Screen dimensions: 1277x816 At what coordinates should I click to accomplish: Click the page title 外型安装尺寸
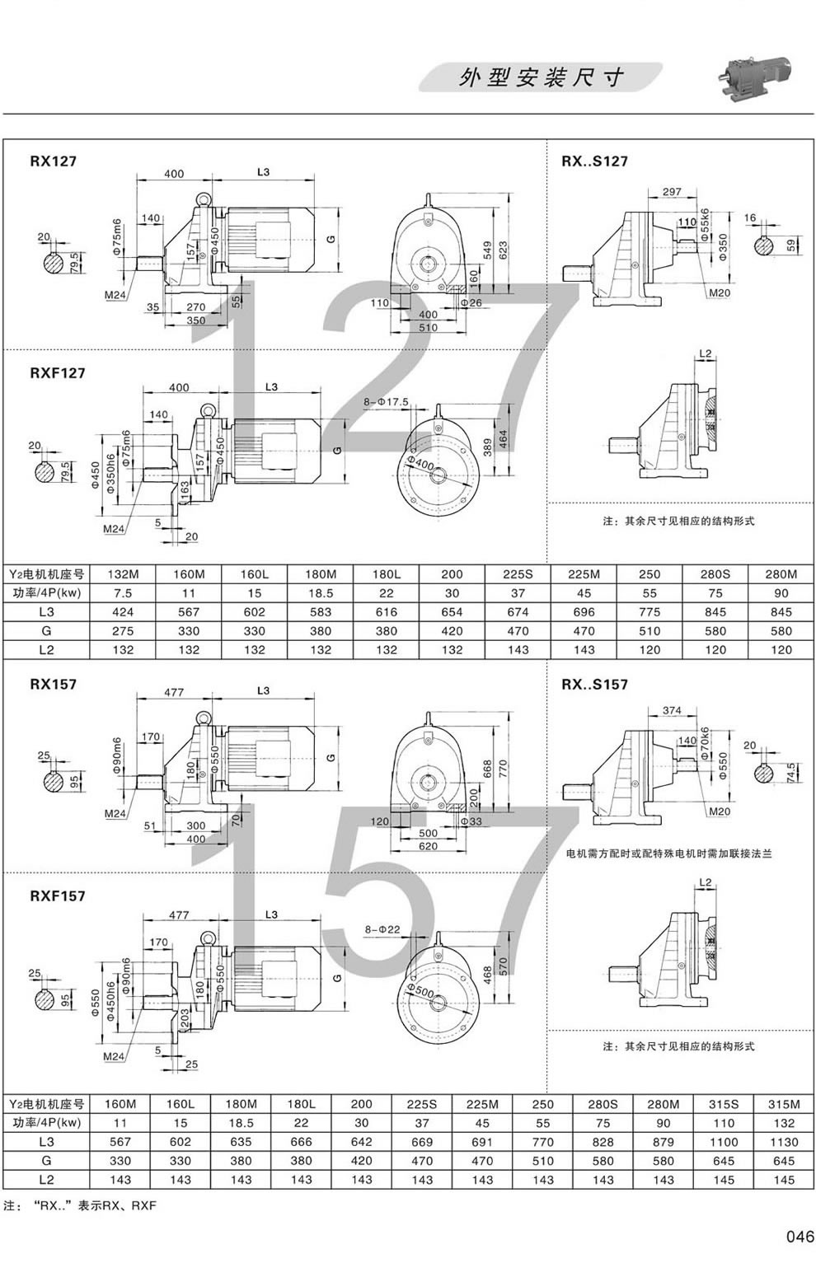[541, 78]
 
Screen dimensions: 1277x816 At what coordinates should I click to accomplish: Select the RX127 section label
[53, 161]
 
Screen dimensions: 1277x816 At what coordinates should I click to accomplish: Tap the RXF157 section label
[57, 896]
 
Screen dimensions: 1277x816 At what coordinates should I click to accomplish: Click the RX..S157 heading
[594, 684]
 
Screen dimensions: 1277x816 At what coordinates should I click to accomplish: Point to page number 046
[799, 1237]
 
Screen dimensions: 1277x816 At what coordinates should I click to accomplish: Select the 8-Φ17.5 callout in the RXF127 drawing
[386, 401]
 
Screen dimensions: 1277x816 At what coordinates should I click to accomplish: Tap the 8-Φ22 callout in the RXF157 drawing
[382, 929]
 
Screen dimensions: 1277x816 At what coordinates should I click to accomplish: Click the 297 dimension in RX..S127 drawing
[671, 192]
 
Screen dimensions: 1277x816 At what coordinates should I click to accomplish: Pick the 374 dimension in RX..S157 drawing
[672, 710]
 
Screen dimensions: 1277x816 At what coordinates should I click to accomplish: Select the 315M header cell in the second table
[784, 1104]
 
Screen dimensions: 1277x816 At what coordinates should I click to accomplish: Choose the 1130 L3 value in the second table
[784, 1142]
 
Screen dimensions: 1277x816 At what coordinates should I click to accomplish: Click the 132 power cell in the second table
[784, 1123]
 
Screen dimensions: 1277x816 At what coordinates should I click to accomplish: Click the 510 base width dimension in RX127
[428, 328]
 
